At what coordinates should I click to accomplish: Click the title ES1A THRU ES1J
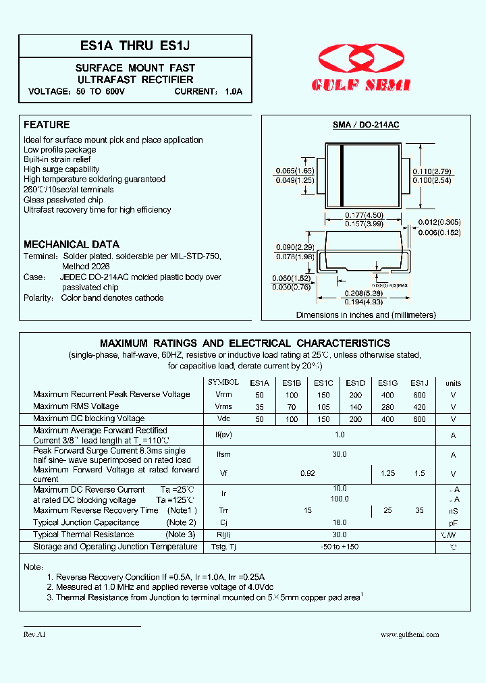pos(135,47)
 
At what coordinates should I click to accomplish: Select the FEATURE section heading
pos(47,125)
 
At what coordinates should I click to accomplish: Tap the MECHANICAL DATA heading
pos(72,244)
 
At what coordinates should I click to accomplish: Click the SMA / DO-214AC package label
pos(366,126)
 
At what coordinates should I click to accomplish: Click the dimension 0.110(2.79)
pos(432,172)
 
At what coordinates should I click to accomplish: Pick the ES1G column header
pos(387,383)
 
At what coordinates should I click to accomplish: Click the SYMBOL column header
pos(223,382)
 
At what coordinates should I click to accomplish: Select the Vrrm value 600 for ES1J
pos(419,395)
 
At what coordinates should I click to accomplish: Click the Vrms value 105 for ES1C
pos(323,407)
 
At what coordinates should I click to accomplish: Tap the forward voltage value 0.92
pos(308,474)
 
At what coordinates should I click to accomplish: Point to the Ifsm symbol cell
pos(223,455)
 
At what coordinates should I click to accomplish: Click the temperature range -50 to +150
pos(340,547)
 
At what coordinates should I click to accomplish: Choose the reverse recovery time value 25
pos(387,511)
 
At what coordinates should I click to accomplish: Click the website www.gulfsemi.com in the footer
pos(410,634)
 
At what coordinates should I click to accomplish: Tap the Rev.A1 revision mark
pos(34,635)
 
